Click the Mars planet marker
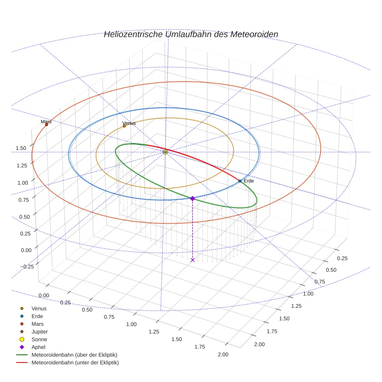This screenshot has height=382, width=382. click(46, 125)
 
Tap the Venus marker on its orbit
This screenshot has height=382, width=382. click(124, 126)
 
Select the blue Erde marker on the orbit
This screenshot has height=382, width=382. click(240, 181)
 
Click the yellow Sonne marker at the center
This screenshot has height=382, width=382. click(165, 152)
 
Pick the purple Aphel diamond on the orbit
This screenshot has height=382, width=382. click(192, 198)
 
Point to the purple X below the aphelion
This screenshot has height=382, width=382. click(193, 260)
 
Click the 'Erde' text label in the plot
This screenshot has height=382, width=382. click(249, 181)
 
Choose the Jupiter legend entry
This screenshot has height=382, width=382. click(40, 332)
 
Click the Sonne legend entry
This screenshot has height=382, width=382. click(39, 339)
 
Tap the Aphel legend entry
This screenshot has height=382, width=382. click(38, 347)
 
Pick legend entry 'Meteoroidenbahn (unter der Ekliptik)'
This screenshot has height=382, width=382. click(75, 363)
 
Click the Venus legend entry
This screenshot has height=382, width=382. click(39, 308)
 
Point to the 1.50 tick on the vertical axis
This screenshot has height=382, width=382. click(21, 148)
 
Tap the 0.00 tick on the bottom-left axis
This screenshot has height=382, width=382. click(44, 295)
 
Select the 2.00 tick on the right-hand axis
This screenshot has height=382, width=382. click(259, 344)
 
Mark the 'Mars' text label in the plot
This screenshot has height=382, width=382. click(46, 122)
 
